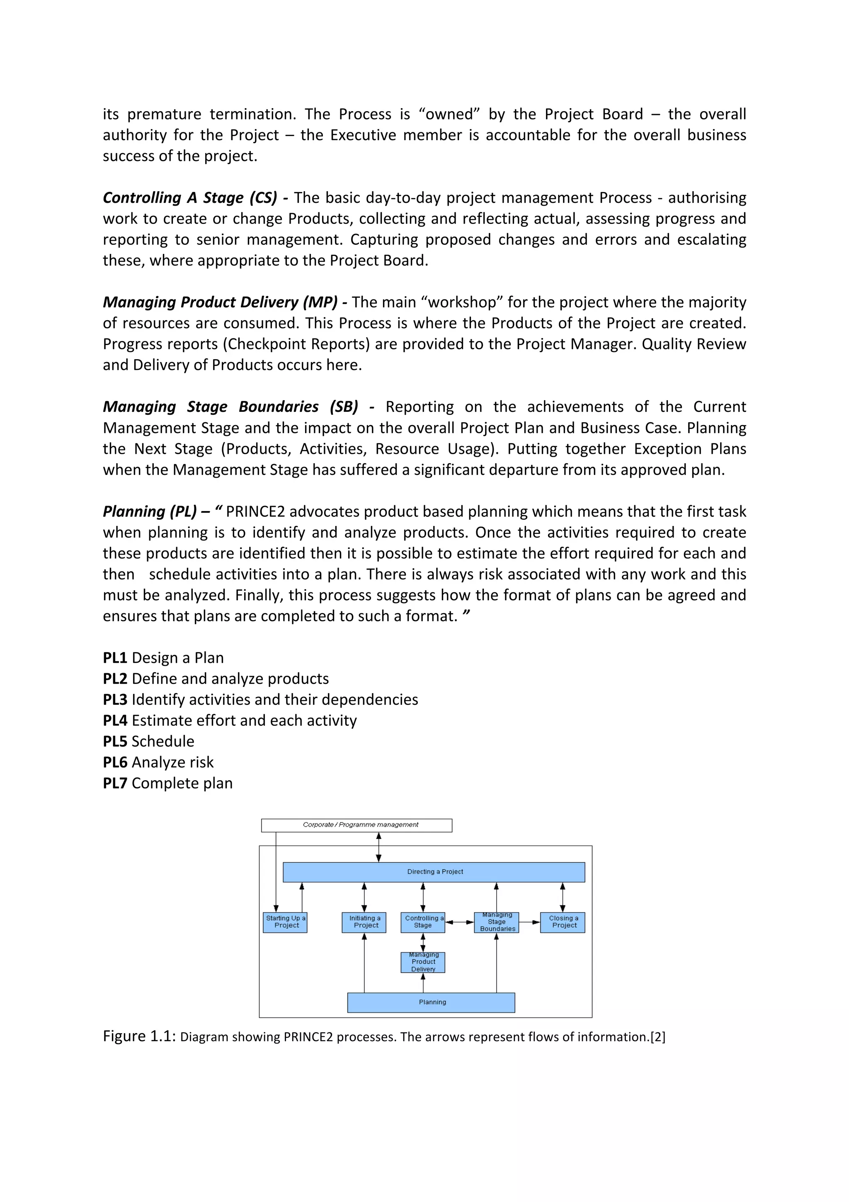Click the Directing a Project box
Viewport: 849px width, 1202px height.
(434, 872)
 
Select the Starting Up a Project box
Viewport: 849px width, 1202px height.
(285, 922)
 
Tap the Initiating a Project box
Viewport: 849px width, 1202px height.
(364, 922)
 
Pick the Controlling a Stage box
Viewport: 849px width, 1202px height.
(423, 922)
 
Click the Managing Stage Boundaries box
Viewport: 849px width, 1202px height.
(497, 922)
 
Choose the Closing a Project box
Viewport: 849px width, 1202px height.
(563, 922)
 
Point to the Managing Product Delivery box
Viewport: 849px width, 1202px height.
(423, 962)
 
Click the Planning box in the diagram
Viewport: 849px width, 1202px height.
(431, 1002)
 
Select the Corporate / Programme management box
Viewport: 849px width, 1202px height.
(357, 825)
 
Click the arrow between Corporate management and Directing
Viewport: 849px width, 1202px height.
(379, 847)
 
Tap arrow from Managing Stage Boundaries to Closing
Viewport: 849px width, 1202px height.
(529, 922)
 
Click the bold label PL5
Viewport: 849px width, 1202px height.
(115, 741)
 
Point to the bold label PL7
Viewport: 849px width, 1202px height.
(115, 783)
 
